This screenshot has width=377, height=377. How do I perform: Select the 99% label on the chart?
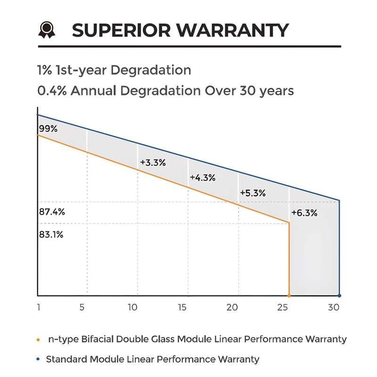tap(48, 128)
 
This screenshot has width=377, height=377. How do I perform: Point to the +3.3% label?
tap(153, 163)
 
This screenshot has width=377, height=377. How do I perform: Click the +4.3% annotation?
tap(203, 178)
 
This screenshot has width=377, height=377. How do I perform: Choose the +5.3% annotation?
tap(253, 193)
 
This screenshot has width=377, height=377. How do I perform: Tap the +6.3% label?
tap(304, 213)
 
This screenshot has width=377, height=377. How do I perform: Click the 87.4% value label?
tap(52, 212)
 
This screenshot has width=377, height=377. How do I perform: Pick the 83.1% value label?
tap(51, 234)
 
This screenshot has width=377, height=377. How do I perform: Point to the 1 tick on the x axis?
tap(39, 307)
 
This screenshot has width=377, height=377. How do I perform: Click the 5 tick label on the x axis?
tap(82, 307)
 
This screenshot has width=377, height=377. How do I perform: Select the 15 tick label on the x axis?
tap(182, 307)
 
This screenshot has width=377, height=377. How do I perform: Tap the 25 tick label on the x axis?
tap(283, 307)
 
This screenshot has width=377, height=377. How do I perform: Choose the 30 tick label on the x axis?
tap(334, 307)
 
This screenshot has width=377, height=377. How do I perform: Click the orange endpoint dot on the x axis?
tap(289, 295)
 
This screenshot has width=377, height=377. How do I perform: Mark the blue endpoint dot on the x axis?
tap(339, 295)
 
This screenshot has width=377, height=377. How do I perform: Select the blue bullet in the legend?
tap(38, 360)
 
